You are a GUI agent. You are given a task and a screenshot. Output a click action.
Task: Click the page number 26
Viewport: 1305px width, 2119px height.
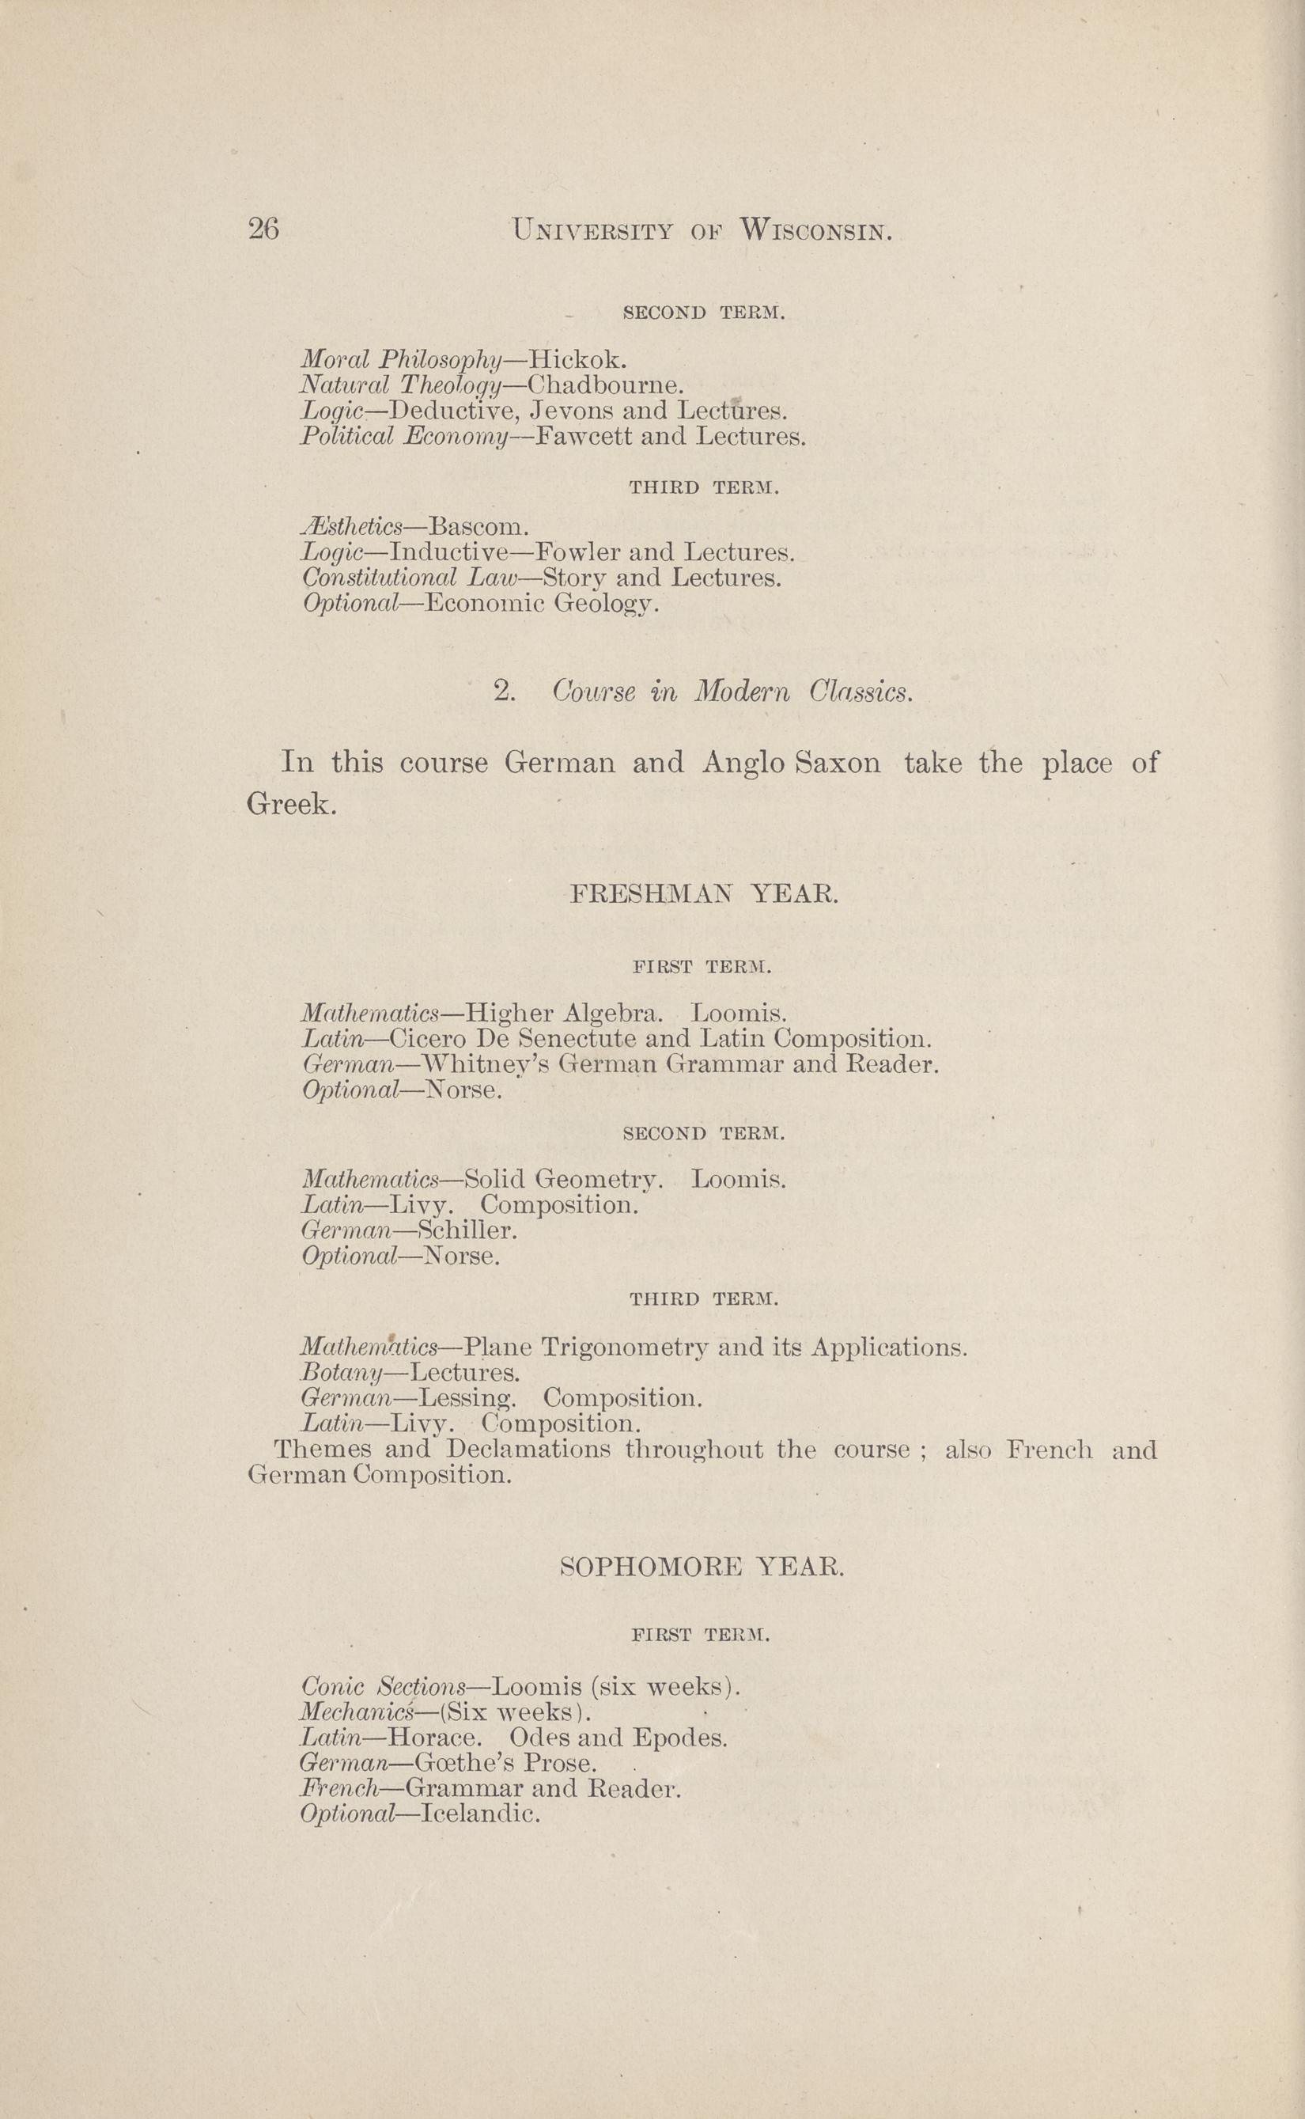tap(263, 229)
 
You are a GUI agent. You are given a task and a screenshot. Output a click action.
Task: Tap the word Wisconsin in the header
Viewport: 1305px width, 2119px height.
tap(815, 230)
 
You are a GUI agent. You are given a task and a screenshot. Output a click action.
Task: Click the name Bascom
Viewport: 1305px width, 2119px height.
tap(477, 526)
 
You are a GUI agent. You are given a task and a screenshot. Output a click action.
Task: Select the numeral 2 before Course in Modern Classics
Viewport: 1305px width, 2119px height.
tap(503, 692)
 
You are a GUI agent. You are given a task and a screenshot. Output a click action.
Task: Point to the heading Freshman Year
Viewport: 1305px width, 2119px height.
tap(703, 893)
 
